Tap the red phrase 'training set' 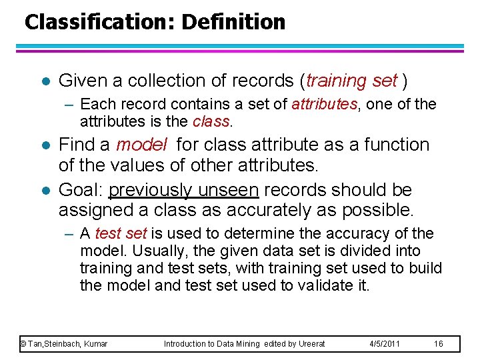click(x=352, y=81)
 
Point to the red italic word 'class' click(x=211, y=121)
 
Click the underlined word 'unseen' click(x=227, y=191)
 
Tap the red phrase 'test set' click(x=121, y=234)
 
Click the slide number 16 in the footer click(x=438, y=344)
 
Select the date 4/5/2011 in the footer click(x=385, y=344)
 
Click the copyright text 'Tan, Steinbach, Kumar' click(x=67, y=344)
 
